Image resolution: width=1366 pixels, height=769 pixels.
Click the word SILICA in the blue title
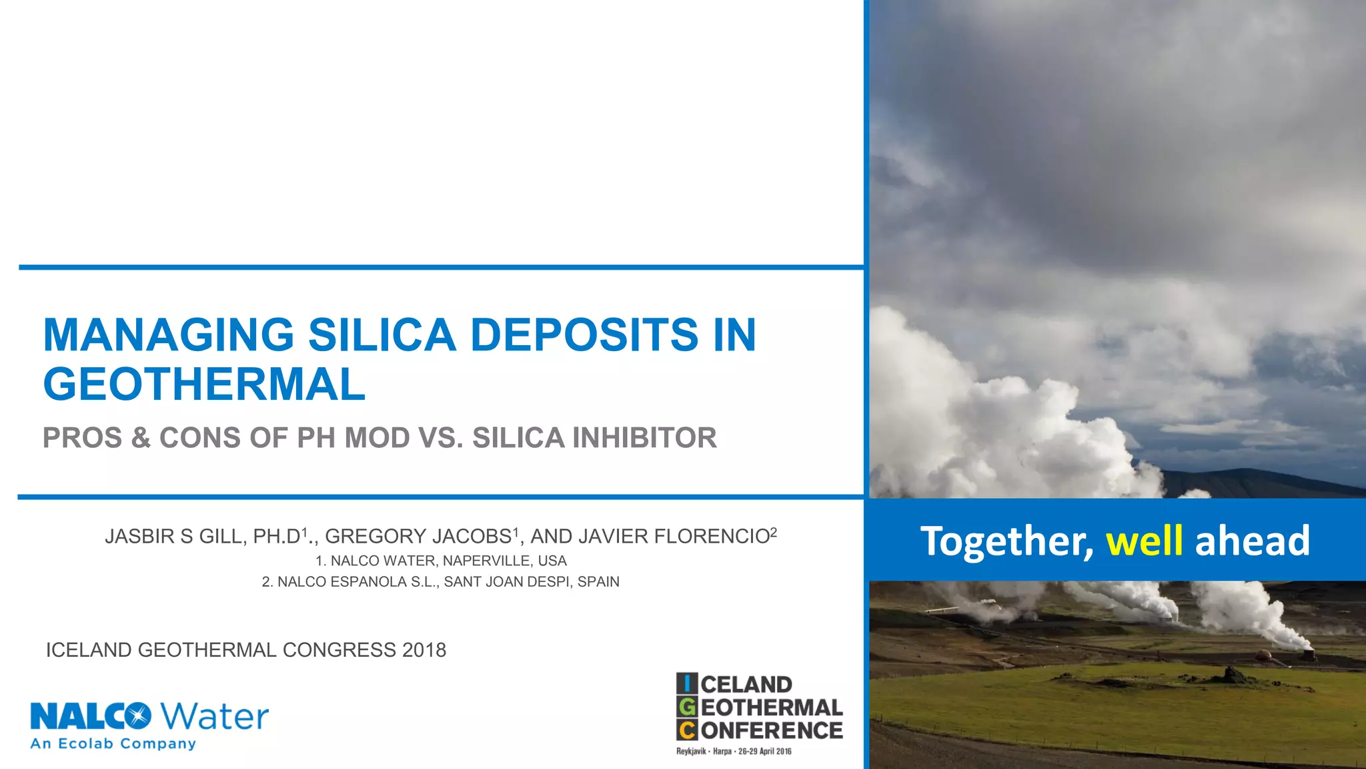point(382,334)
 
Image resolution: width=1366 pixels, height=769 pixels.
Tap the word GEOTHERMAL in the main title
point(204,385)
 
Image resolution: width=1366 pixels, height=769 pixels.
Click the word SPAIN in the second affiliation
point(598,581)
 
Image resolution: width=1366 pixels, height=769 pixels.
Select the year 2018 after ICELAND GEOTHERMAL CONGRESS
point(424,650)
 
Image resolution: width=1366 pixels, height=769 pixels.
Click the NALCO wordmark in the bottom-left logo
point(90,717)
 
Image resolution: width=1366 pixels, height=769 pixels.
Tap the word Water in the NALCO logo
point(215,717)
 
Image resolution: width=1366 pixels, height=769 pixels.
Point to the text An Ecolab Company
point(113,744)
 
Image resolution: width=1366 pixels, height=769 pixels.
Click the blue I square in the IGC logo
point(687,684)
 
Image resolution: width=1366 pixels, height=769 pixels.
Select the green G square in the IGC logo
point(687,707)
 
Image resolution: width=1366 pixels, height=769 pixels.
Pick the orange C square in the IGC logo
point(687,730)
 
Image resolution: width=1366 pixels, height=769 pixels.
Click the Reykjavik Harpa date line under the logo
point(734,752)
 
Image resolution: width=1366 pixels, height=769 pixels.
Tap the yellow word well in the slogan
point(1145,541)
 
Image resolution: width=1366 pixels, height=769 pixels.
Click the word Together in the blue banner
point(1006,541)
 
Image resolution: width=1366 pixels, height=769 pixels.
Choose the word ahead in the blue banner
point(1252,541)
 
